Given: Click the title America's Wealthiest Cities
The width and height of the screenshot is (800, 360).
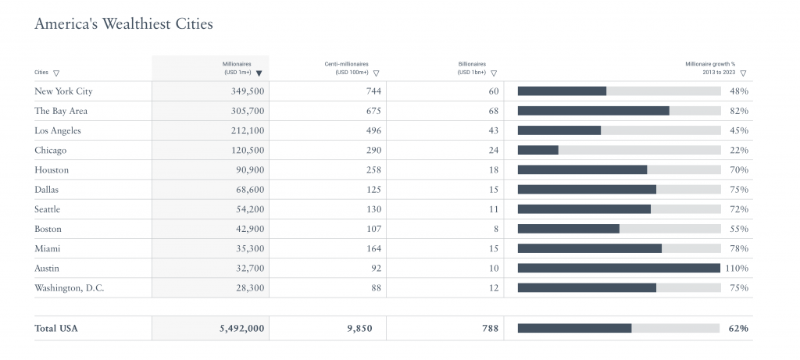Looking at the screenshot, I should pyautogui.click(x=123, y=24).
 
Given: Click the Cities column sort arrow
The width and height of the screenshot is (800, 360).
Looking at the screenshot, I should pyautogui.click(x=57, y=73).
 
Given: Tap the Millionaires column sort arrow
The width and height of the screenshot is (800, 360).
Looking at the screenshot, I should pyautogui.click(x=259, y=73).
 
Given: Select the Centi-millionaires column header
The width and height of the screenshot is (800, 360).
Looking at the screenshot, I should pyautogui.click(x=346, y=67).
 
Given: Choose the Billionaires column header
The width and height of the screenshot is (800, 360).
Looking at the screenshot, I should pyautogui.click(x=472, y=67).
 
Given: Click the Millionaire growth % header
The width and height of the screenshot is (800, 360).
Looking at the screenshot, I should pyautogui.click(x=710, y=67).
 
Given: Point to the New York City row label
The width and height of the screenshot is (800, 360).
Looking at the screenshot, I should pyautogui.click(x=63, y=91).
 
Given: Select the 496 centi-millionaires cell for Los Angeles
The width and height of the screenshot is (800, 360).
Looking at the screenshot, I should pyautogui.click(x=373, y=130).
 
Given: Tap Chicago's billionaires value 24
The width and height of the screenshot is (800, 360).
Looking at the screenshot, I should pyautogui.click(x=493, y=150).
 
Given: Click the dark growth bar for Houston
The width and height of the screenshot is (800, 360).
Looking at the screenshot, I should pyautogui.click(x=582, y=169).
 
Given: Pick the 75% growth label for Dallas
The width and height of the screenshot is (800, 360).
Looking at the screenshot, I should pyautogui.click(x=738, y=190).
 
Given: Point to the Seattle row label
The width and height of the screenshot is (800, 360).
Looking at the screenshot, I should pyautogui.click(x=48, y=209).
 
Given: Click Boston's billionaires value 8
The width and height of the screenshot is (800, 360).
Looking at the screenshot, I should pyautogui.click(x=495, y=229).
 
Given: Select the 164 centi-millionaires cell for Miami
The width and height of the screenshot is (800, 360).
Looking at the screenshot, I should pyautogui.click(x=373, y=249).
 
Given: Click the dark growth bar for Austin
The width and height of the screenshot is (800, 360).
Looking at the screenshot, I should pyautogui.click(x=619, y=268).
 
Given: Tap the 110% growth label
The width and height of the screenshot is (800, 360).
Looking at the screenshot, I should pyautogui.click(x=736, y=268).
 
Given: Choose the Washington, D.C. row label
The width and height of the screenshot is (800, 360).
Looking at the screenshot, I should pyautogui.click(x=69, y=288).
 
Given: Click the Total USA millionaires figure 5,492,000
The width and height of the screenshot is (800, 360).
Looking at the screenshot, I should pyautogui.click(x=242, y=329).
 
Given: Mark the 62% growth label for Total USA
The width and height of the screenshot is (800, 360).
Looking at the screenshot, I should pyautogui.click(x=738, y=329).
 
